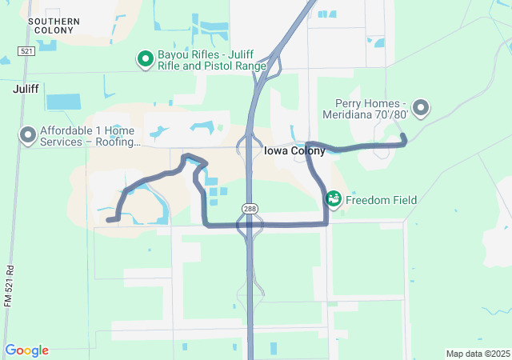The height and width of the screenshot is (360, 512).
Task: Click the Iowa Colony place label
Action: click(294, 150)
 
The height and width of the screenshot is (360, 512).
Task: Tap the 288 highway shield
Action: click(250, 208)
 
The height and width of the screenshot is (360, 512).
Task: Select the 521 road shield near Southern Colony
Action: click(27, 50)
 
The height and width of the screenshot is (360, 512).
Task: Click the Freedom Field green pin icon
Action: click(333, 198)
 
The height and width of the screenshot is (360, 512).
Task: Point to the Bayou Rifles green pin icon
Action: click(145, 58)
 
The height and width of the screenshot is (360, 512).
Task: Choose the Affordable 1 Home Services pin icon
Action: click(27, 135)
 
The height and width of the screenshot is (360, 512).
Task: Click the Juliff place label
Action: click(26, 90)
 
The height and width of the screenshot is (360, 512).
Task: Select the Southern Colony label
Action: click(53, 25)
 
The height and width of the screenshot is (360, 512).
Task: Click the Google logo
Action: click(26, 350)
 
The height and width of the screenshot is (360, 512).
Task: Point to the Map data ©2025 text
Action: click(478, 354)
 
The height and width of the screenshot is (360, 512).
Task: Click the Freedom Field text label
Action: click(381, 200)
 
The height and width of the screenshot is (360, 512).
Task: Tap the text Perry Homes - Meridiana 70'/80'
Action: click(372, 109)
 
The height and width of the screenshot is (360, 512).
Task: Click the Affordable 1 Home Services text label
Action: click(90, 136)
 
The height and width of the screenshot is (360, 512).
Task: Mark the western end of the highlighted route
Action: click(108, 219)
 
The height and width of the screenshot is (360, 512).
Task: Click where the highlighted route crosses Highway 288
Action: click(250, 226)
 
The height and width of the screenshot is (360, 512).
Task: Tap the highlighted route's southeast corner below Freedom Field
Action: click(326, 224)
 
